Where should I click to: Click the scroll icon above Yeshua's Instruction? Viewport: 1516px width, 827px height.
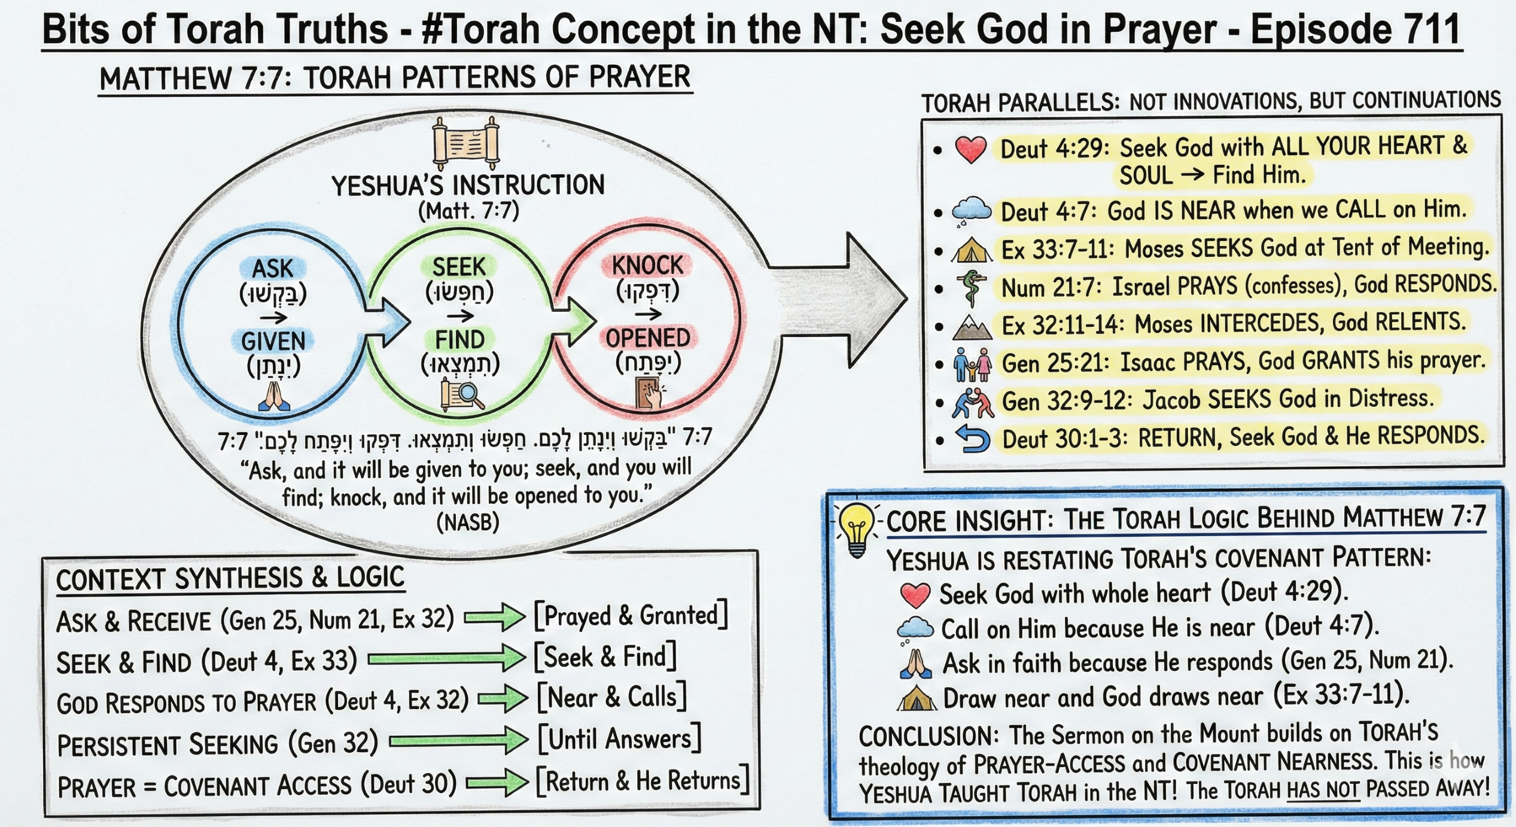tap(466, 143)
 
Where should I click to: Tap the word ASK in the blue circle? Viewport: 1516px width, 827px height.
tap(273, 269)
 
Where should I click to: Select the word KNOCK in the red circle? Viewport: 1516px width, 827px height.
tap(647, 265)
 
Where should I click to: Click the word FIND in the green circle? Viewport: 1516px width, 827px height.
tap(459, 340)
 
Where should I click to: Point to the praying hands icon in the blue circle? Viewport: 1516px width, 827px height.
tap(274, 396)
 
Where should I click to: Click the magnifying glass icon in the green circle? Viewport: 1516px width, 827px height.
tap(462, 395)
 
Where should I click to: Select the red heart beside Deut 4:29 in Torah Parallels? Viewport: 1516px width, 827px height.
tap(970, 149)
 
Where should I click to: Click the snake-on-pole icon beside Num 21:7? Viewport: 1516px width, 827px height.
tap(971, 287)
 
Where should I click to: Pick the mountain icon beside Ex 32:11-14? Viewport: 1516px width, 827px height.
tap(971, 326)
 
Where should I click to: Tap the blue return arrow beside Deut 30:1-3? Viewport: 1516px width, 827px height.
tap(972, 439)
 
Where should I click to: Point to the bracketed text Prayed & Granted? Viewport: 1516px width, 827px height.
tap(631, 616)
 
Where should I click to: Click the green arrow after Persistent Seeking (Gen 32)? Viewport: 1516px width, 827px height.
tap(458, 741)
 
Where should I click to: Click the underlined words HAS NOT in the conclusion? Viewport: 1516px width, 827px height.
tap(1323, 790)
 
